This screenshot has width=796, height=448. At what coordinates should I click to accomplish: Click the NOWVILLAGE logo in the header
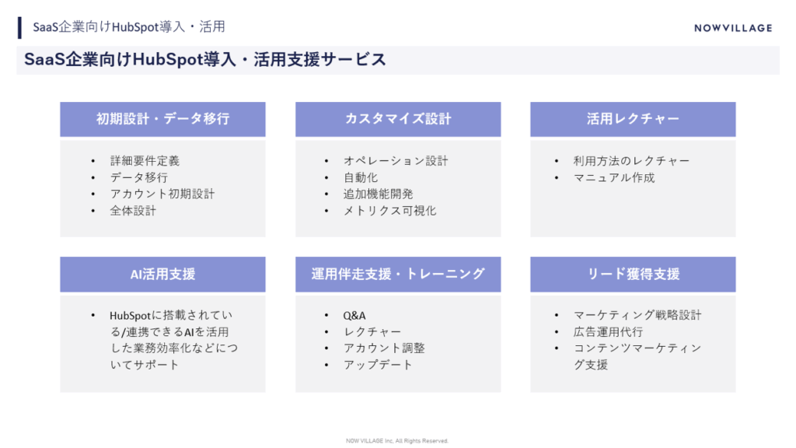coord(733,28)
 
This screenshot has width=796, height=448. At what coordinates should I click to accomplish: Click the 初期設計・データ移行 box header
coord(162,119)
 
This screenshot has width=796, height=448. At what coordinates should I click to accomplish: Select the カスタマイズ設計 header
coord(398,119)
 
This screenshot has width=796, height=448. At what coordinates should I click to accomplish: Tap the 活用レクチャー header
coord(633,119)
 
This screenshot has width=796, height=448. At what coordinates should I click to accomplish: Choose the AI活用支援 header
coord(162,274)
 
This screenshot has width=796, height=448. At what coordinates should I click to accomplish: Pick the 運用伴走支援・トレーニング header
coord(398,274)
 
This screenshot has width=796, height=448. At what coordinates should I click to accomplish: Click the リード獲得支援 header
coord(633,274)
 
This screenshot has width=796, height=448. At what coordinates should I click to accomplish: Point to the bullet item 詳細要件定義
coord(145,161)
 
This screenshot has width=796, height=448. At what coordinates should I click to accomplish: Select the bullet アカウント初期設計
coord(162,194)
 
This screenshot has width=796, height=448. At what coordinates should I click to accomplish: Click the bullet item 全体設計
coord(133,210)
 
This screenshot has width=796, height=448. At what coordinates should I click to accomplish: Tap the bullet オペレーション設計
coord(396,161)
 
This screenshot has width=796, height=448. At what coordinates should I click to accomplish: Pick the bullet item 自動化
coord(361,177)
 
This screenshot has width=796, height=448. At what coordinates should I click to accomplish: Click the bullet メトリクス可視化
coord(389,210)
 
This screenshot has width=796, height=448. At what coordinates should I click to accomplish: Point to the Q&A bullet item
coord(354,316)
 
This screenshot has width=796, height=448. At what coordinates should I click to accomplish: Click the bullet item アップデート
coord(378,365)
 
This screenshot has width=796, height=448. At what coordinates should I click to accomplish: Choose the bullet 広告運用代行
coord(608,332)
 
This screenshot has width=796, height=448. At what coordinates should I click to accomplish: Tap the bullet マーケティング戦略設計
coord(637,316)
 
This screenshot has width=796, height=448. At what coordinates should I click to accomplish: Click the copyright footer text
coord(397,441)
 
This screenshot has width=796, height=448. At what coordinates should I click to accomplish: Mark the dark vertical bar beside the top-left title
coord(19,27)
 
